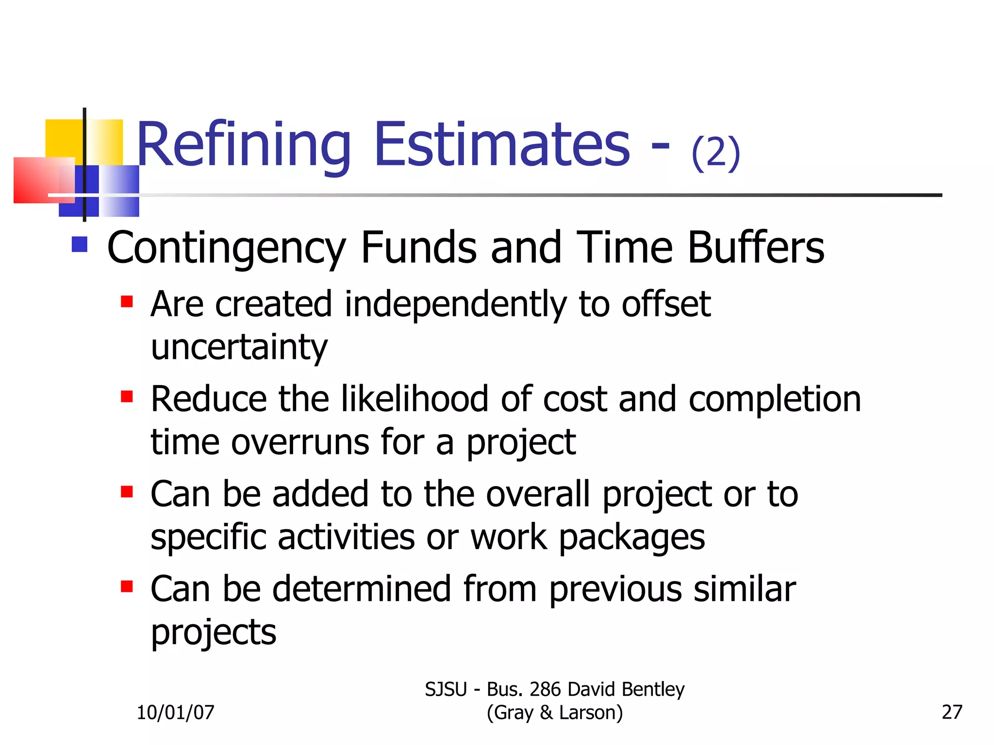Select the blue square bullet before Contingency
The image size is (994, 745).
(79, 244)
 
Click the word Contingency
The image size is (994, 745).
(226, 248)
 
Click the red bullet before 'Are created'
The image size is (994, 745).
(127, 302)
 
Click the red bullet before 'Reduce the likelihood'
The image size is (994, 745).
(127, 397)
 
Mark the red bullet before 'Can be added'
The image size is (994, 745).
(127, 492)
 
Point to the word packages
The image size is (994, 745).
(632, 538)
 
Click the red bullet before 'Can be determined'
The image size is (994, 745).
(127, 587)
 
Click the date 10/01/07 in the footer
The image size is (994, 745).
(175, 713)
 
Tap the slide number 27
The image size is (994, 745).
(952, 712)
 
